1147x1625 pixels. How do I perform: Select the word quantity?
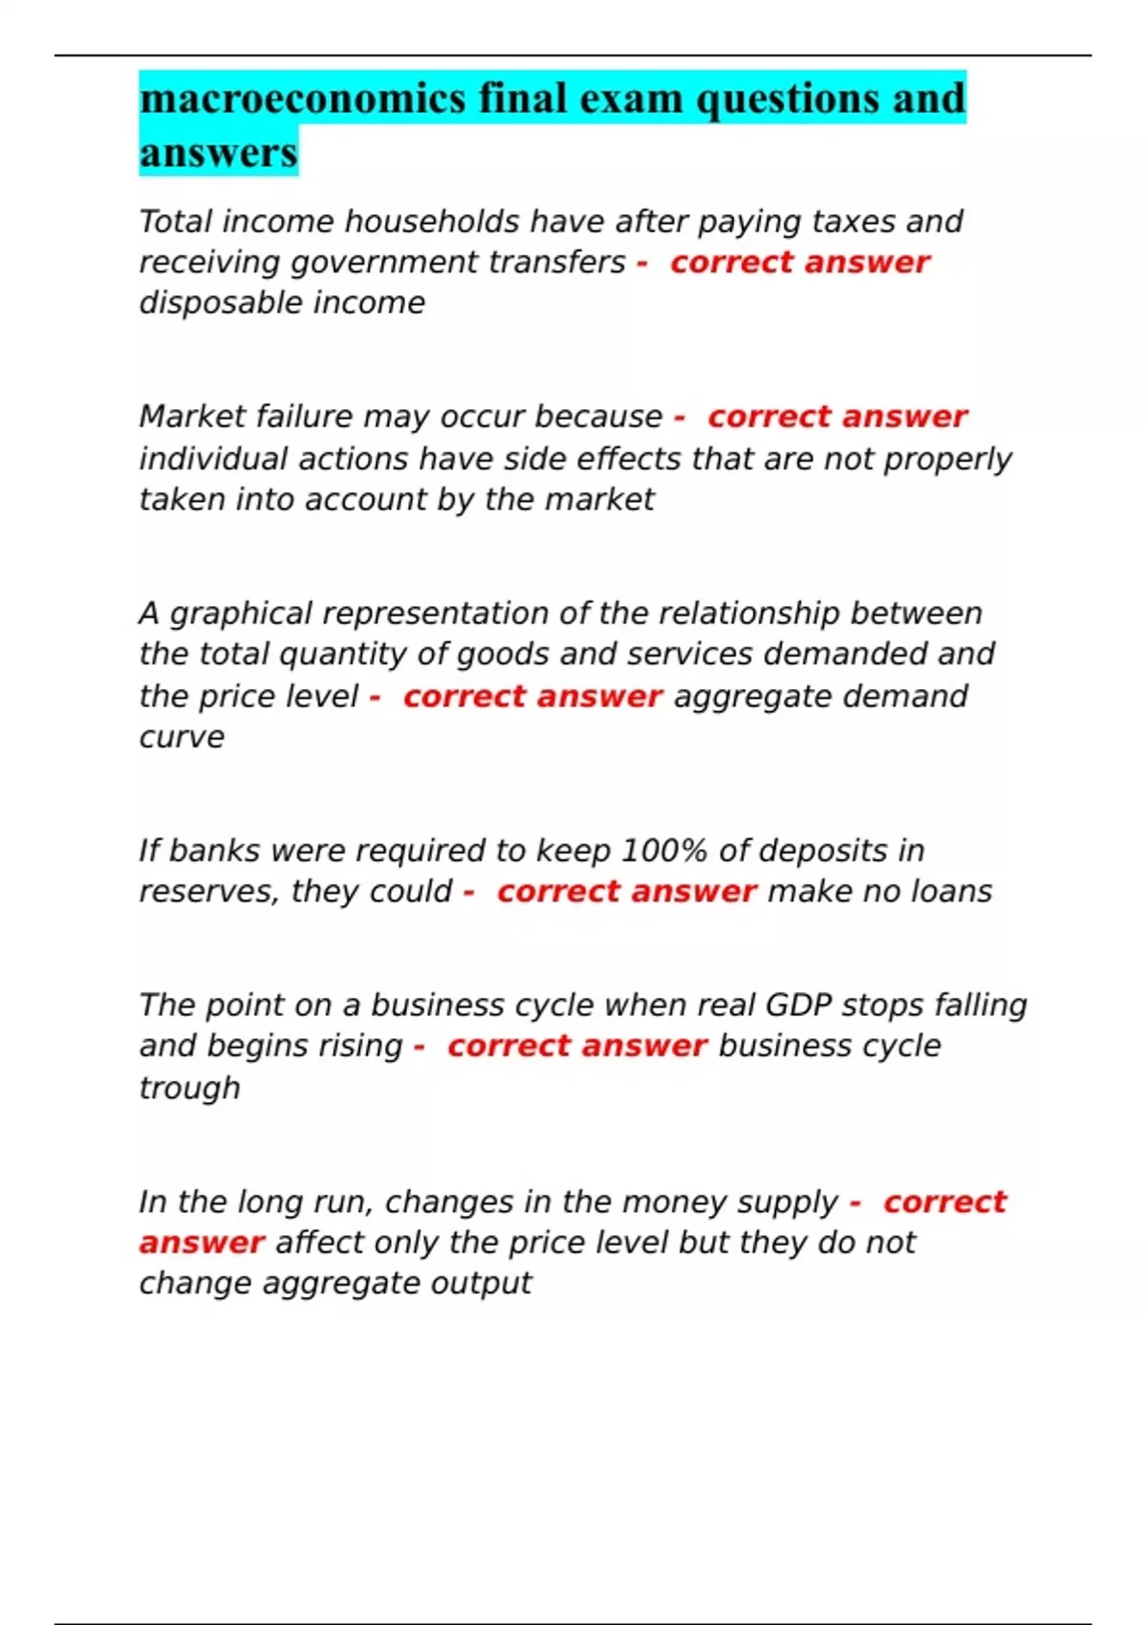(x=342, y=655)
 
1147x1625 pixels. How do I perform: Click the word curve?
(x=182, y=737)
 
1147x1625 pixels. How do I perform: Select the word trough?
(x=189, y=1088)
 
